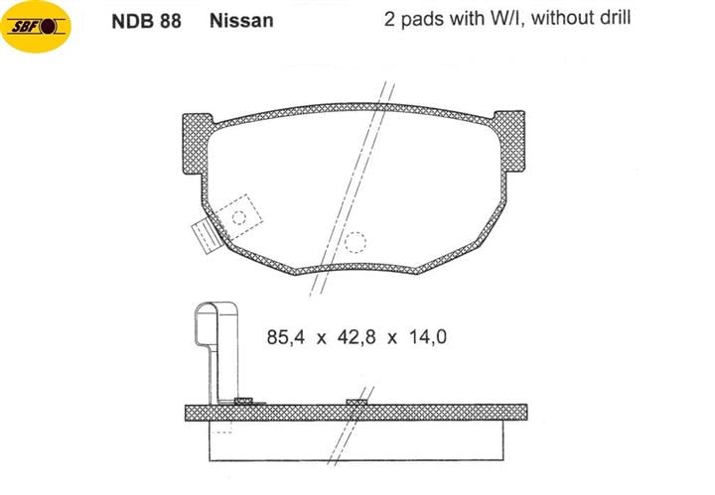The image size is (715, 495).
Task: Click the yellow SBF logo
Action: click(36, 27)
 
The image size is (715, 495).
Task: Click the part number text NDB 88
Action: click(146, 21)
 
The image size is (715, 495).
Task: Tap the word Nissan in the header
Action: click(241, 21)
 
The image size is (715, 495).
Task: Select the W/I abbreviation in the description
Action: click(503, 19)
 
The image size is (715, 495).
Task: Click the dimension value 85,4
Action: click(285, 337)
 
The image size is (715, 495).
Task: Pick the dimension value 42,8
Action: click(357, 337)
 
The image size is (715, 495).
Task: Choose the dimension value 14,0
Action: click(428, 337)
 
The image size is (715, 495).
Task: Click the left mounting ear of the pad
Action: click(197, 144)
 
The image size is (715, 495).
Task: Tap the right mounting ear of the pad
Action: click(509, 141)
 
